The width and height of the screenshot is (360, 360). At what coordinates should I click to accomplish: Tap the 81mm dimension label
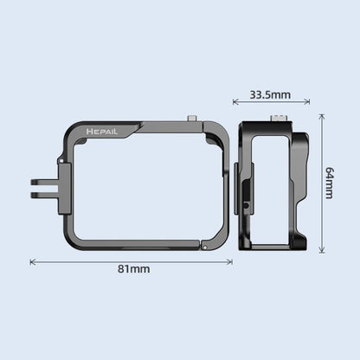133,269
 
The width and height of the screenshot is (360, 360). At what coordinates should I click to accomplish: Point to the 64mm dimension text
329,183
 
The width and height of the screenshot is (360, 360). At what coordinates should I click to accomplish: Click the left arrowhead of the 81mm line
33,259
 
